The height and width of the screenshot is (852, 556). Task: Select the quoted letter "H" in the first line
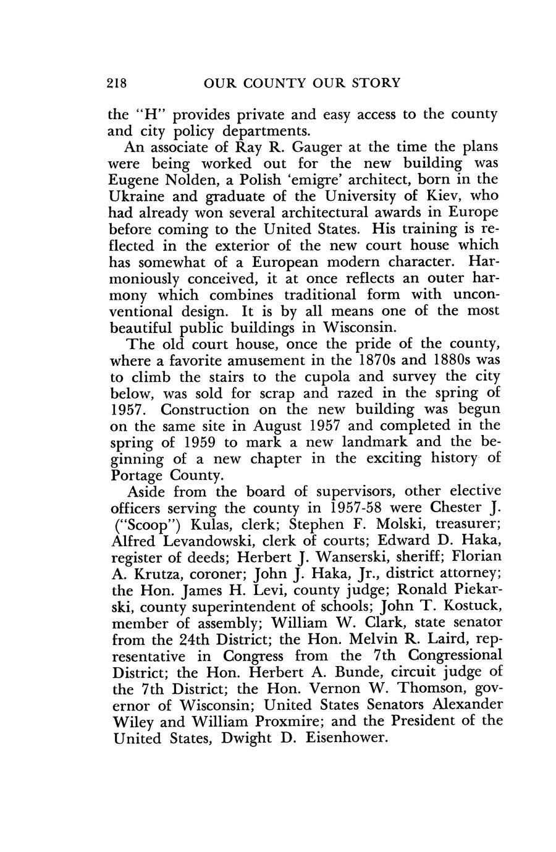[x=148, y=115]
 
